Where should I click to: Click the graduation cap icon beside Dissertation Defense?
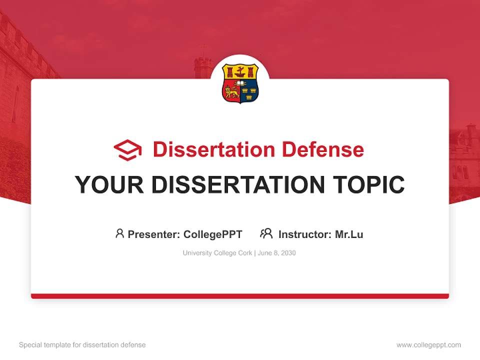click(127, 150)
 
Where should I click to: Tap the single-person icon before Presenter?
click(119, 233)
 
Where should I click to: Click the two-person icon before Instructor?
click(266, 233)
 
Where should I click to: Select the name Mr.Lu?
click(349, 234)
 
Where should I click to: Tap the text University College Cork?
click(217, 253)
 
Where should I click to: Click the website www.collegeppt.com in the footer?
click(428, 345)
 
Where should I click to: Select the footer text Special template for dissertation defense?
click(82, 345)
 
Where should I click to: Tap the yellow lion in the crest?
click(231, 91)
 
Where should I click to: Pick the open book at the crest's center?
click(240, 83)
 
